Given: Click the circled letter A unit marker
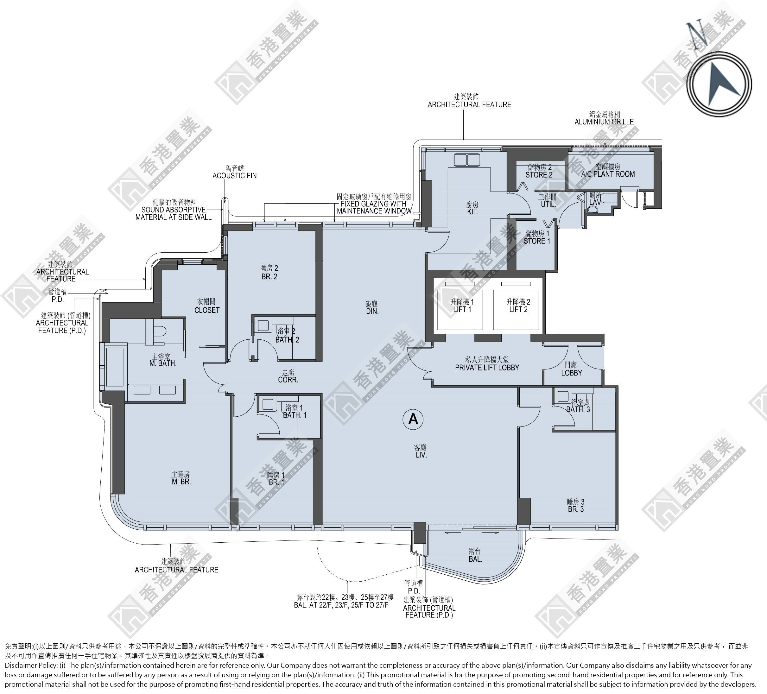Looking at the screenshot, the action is click(413, 419).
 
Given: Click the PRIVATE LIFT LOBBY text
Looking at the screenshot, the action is click(487, 368).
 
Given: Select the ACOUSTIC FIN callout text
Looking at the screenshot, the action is click(234, 176).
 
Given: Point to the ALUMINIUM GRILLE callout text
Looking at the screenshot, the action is click(604, 122).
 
